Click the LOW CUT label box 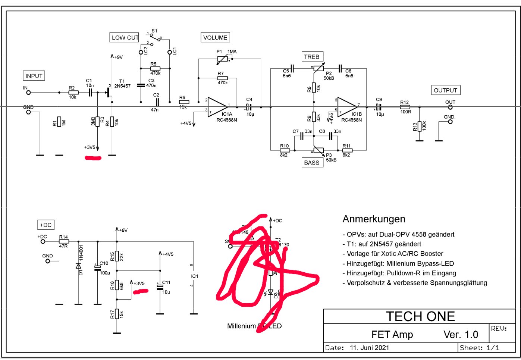pos(125,37)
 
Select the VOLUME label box pos(215,37)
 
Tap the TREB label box pos(312,57)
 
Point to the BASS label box pos(312,163)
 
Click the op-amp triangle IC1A pos(217,107)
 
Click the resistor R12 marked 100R pos(405,107)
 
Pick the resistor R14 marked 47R pos(64,241)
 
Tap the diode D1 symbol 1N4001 pos(78,266)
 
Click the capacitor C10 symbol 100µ pos(98,268)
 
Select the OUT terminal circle pos(450,107)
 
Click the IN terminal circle pos(28,93)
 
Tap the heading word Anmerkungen pos(374,219)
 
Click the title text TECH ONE pos(420,316)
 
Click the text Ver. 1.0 pos(461,335)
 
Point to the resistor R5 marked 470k pos(155,68)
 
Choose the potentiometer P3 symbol pos(318,150)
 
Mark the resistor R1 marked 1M pos(59,122)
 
